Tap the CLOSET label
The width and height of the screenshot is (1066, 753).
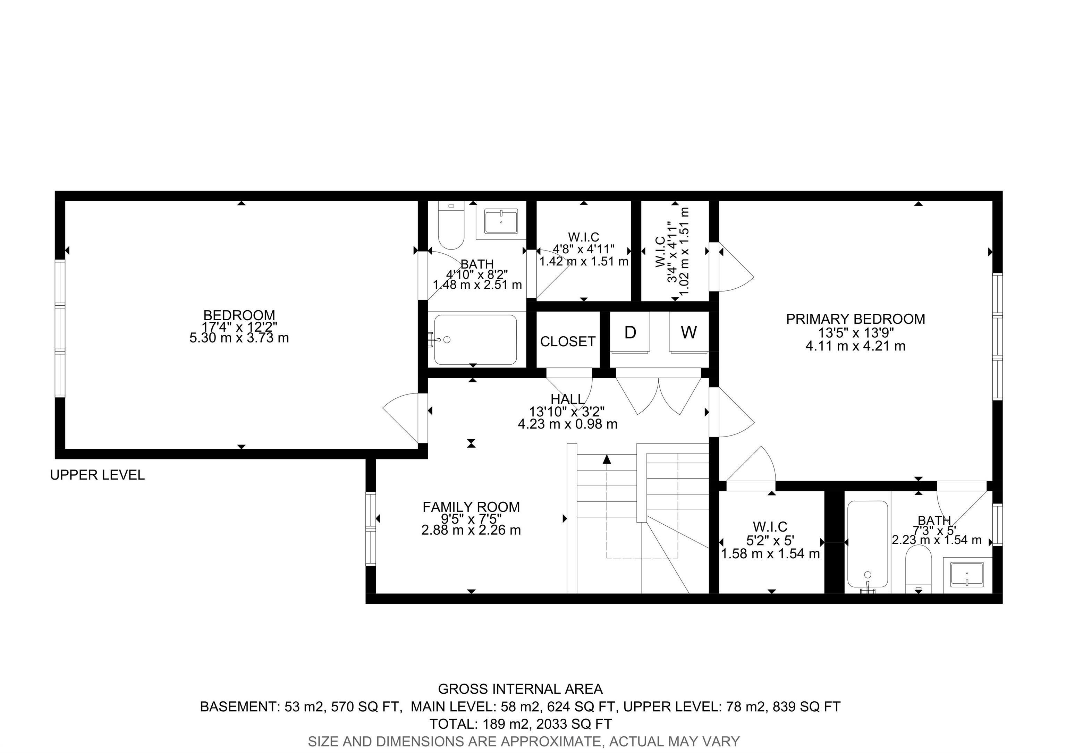(x=567, y=342)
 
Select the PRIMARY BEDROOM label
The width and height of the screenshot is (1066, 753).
(x=855, y=319)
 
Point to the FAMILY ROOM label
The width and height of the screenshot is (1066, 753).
(x=471, y=507)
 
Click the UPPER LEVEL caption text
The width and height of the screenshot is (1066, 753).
(x=98, y=475)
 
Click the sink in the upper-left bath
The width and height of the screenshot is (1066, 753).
(x=501, y=222)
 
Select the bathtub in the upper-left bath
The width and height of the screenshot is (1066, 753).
(x=475, y=340)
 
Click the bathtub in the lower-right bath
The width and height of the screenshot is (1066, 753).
(x=867, y=544)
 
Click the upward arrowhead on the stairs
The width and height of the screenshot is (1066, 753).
(x=607, y=459)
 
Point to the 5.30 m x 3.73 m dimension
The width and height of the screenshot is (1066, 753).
(x=239, y=338)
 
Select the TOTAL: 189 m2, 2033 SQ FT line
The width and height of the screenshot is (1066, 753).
(x=520, y=724)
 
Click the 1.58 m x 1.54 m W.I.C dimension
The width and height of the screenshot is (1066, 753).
(x=770, y=554)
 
